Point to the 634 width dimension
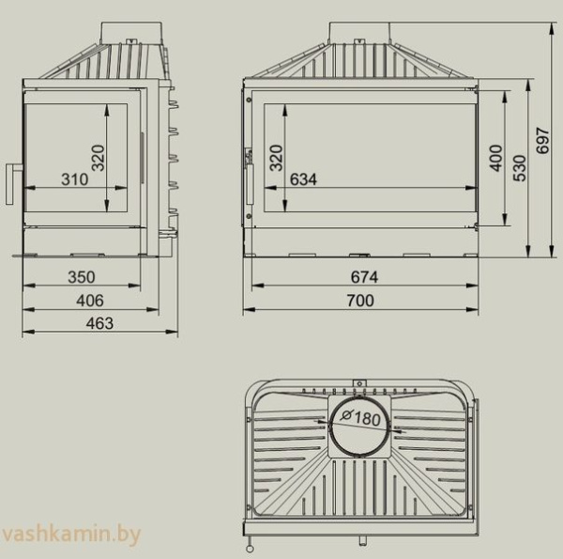303,179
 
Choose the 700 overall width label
359,301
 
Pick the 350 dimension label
82,277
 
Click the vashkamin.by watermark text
71,536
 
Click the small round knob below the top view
250,542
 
